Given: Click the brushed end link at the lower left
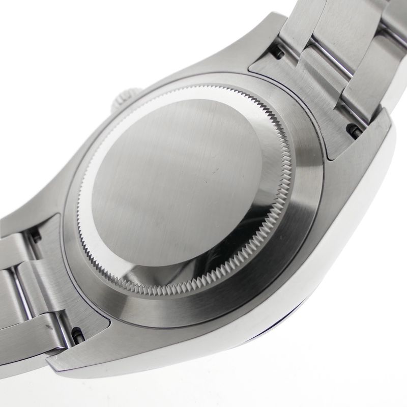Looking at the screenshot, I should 76,285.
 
